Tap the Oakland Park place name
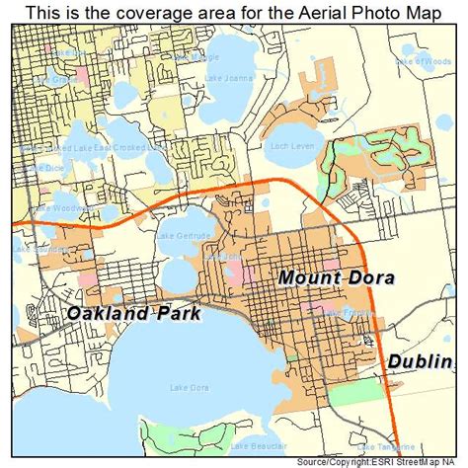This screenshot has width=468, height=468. pos(134,314)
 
